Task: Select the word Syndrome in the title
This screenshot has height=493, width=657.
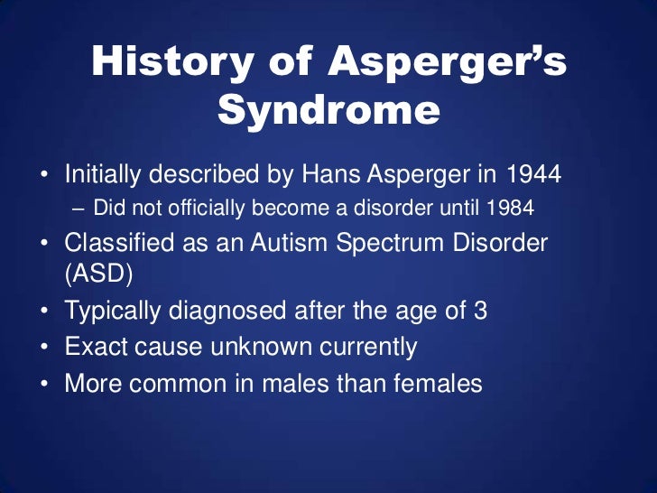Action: (328, 110)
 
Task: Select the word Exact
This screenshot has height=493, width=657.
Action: (92, 347)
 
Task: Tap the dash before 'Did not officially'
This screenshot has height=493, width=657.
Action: (78, 209)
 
